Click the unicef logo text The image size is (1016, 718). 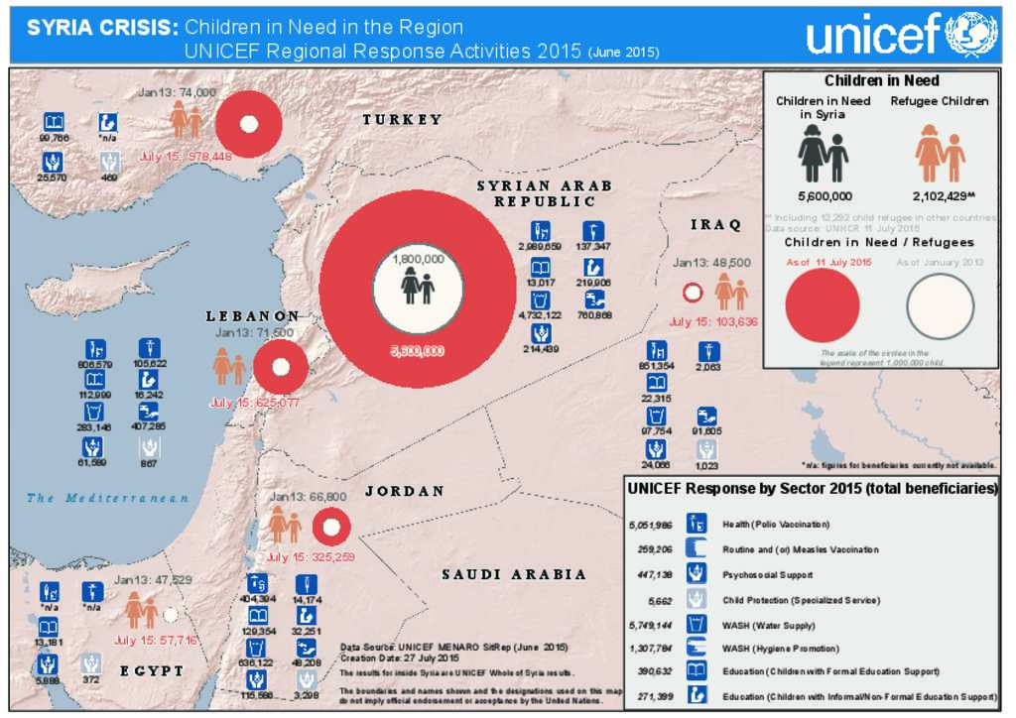(x=872, y=36)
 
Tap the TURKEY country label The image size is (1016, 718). (x=402, y=120)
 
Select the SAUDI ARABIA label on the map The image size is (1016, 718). (x=514, y=574)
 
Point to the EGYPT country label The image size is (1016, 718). (x=152, y=671)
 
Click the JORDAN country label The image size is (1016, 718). (x=404, y=492)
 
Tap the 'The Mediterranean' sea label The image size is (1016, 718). (x=108, y=498)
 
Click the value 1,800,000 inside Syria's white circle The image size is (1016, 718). (x=418, y=259)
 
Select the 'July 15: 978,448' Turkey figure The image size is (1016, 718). (x=186, y=157)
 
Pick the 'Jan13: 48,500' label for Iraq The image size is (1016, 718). (x=710, y=263)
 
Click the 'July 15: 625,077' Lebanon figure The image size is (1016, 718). (x=255, y=403)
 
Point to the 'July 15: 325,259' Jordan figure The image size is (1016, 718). (x=311, y=557)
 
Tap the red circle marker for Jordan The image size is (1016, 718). (x=331, y=528)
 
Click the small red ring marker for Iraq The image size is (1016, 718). (x=694, y=293)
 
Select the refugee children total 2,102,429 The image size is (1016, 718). (x=939, y=196)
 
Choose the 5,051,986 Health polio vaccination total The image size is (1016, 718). (x=651, y=525)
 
